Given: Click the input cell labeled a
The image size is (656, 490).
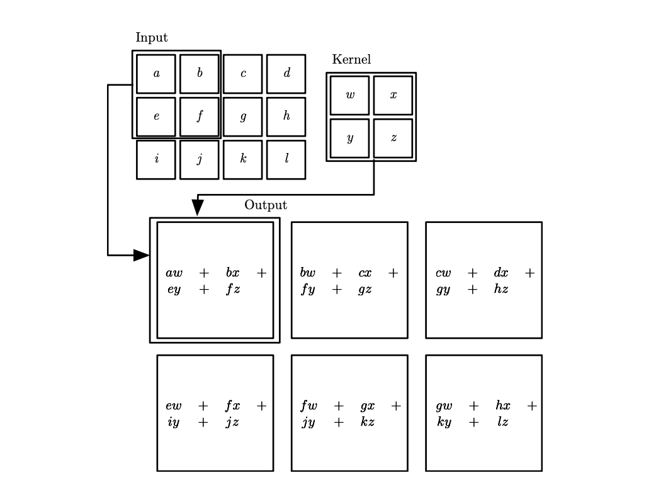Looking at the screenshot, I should pos(156,74).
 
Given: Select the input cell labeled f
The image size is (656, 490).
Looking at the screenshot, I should pos(200,117).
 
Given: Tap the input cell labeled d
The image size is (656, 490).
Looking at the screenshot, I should pos(286,74).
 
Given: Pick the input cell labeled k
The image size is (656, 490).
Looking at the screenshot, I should pos(243,159).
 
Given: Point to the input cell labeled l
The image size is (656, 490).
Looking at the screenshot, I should pos(286,159).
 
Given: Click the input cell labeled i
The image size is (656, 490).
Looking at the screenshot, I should pos(156,159).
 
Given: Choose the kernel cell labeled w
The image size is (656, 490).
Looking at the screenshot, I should pos(350,95).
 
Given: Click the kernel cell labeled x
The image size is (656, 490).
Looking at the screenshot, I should pos(393,95).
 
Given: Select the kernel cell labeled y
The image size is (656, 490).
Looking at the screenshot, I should pos(350,138).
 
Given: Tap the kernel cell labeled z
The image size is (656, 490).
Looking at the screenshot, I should pos(393,138).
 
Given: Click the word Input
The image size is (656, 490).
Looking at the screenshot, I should pos(152,38).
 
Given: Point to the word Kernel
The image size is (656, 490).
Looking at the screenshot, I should pos(351,60).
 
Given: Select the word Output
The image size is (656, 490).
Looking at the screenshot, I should pos(266,205).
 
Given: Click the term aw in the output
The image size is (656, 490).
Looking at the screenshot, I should pos(174,273).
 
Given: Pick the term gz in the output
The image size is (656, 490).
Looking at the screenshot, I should pos(365,290).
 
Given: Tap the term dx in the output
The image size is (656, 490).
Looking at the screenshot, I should pos(501,273).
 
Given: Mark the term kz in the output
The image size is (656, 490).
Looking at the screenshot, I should pos(368,423).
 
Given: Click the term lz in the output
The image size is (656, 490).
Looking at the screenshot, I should pos(502,423).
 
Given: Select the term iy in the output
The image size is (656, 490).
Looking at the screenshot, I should pos(173,423).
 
